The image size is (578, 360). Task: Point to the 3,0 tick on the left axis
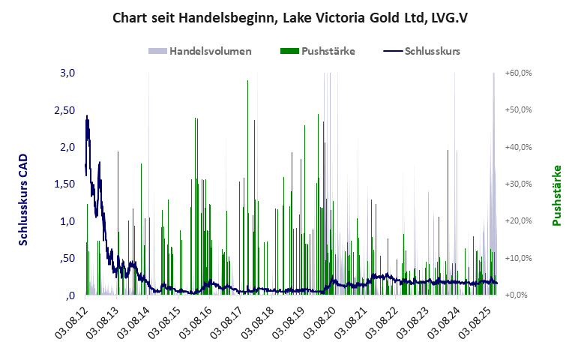tap(67, 73)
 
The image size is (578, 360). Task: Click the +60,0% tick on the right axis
tap(518, 73)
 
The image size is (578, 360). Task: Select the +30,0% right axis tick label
tap(518, 184)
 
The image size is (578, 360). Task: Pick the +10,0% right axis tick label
tap(518, 259)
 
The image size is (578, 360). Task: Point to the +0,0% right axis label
tap(518, 295)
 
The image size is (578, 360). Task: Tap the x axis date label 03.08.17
tap(229, 323)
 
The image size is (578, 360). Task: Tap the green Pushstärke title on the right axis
tap(557, 195)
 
